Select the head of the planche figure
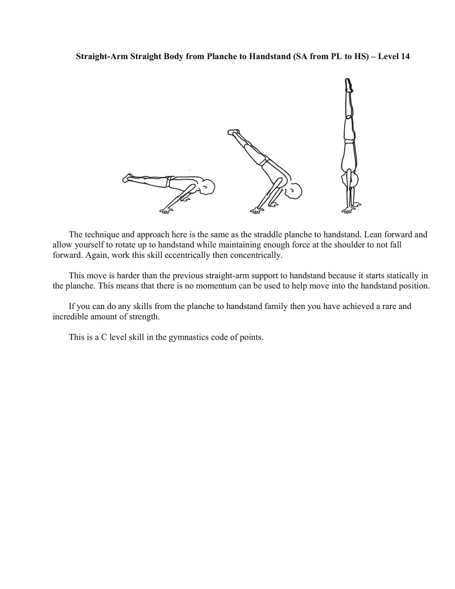coord(208,187)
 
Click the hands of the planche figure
coord(167,209)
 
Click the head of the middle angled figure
coord(295,191)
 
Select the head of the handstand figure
coord(354,181)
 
